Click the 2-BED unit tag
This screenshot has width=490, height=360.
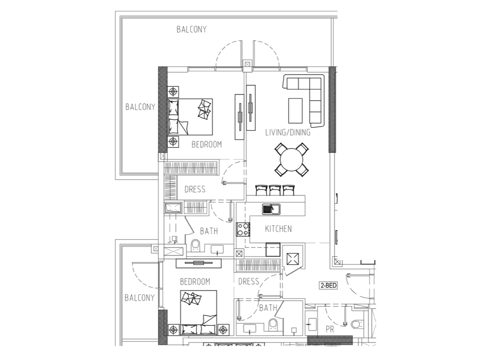[328, 285]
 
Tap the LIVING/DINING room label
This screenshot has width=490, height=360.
[288, 133]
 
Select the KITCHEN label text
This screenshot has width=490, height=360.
[278, 229]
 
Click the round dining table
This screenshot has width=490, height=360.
[292, 160]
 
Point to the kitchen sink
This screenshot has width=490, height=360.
[271, 209]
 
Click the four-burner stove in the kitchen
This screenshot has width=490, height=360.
[243, 229]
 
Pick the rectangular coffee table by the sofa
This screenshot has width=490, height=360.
[296, 111]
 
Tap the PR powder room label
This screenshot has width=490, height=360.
[330, 330]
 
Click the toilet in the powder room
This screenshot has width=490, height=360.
[356, 324]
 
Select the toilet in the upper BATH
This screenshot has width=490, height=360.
[195, 246]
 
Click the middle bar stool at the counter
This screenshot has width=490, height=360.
[275, 190]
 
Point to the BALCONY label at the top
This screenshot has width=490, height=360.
[192, 29]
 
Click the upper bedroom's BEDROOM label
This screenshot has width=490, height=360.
[207, 145]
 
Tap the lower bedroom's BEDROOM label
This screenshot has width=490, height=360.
[195, 282]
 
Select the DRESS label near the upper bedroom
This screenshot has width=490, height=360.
[195, 189]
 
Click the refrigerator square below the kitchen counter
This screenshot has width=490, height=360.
[273, 249]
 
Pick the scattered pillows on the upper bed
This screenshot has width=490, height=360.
[204, 109]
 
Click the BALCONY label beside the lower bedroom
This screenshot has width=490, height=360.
[140, 298]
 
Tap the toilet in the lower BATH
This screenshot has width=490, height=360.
[273, 325]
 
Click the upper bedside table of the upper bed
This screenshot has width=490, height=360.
[173, 92]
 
